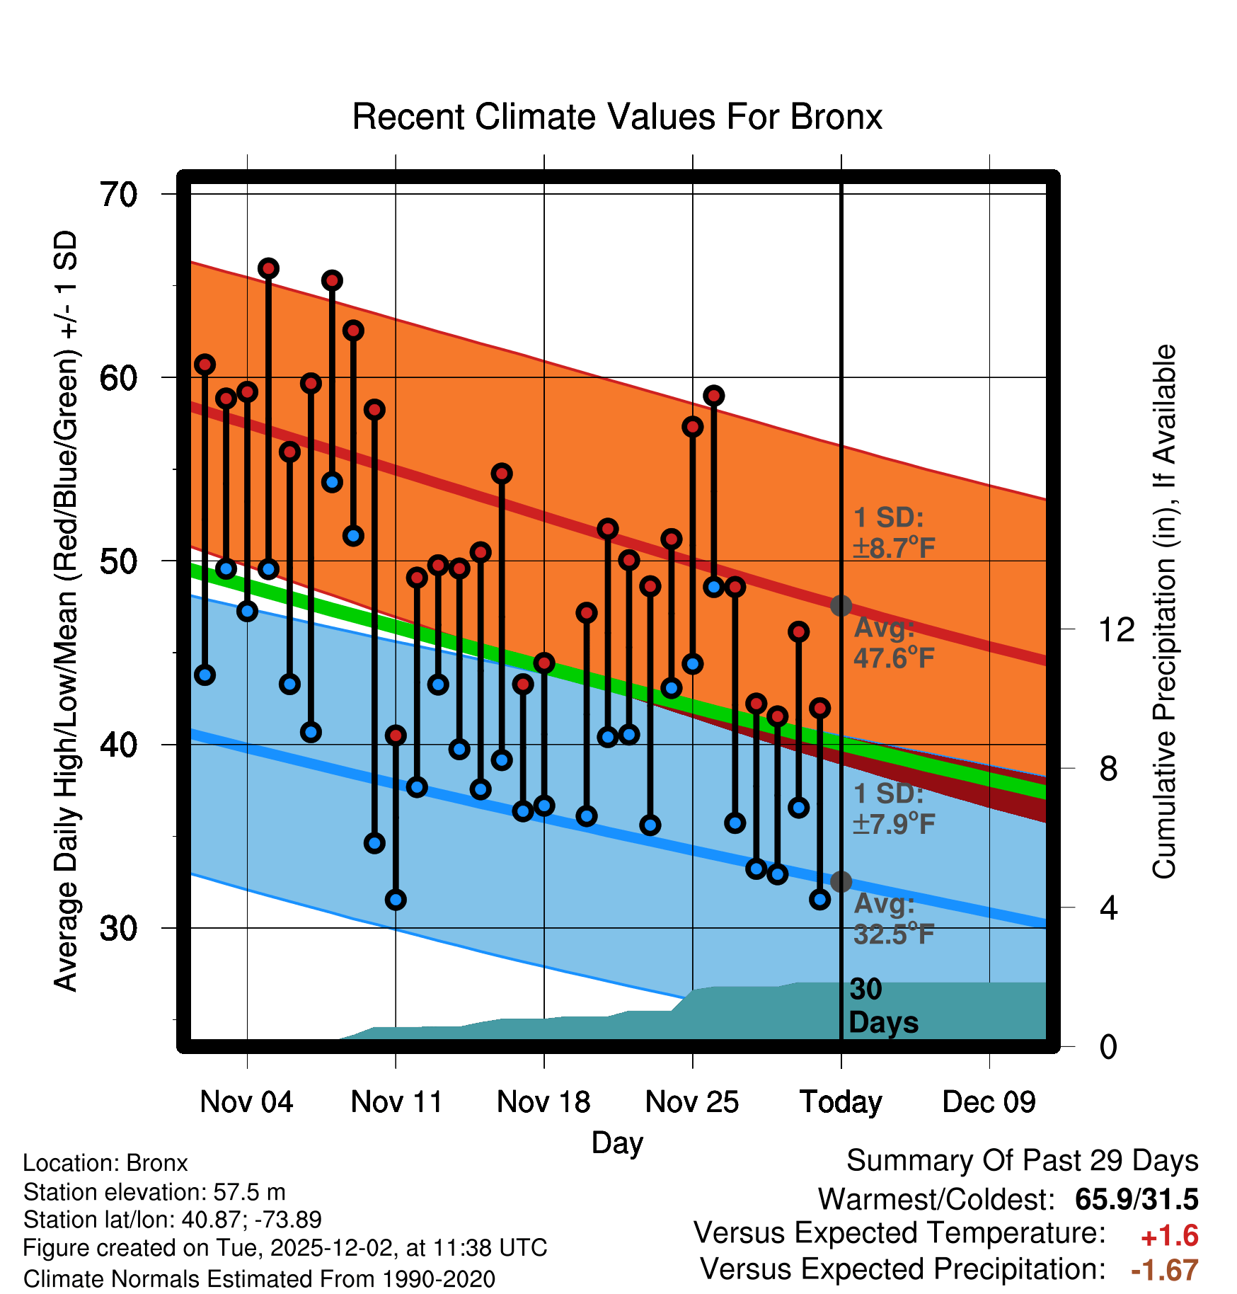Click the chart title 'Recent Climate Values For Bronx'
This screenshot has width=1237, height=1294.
(617, 117)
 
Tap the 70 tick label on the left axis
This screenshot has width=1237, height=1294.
(119, 195)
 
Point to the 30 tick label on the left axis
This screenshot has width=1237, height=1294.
(119, 928)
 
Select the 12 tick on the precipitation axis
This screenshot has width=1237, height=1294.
(1117, 629)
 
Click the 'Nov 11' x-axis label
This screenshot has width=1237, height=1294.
(396, 1102)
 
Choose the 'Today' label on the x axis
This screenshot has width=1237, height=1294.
(841, 1102)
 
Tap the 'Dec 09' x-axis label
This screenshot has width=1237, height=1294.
(989, 1102)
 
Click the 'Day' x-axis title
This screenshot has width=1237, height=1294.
(617, 1143)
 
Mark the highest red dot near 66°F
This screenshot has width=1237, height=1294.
(268, 268)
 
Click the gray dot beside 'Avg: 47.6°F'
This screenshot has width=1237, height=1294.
(841, 606)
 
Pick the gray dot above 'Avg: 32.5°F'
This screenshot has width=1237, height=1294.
(841, 882)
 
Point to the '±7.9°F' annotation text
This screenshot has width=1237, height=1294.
(894, 824)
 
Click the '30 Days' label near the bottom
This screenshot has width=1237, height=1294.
(882, 1006)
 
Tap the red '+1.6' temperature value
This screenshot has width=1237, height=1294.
(1169, 1236)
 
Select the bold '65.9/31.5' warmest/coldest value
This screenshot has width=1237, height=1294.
(1137, 1199)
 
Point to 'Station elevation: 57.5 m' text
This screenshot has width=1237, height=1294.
(154, 1192)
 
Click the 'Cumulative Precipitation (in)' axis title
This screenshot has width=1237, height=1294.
(1164, 612)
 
